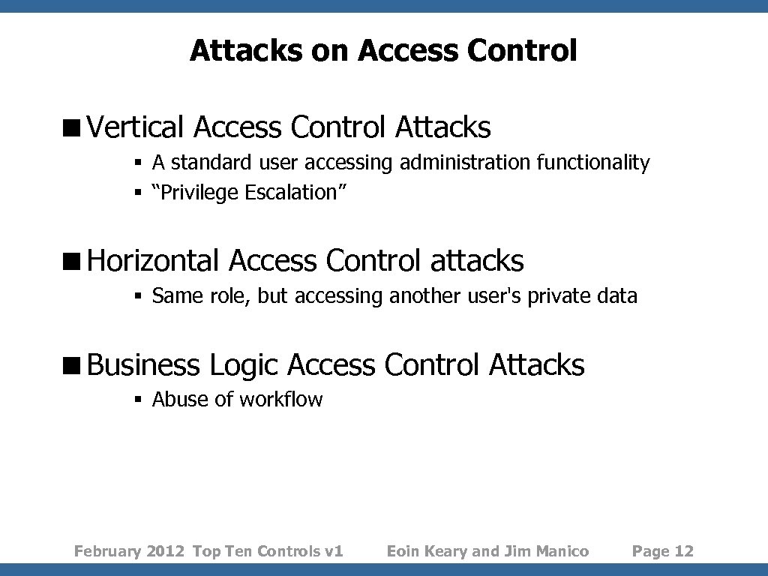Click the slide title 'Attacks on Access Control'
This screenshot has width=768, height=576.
click(383, 51)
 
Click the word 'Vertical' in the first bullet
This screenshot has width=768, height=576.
click(135, 127)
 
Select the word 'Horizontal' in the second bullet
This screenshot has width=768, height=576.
click(153, 261)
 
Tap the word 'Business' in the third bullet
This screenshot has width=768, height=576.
click(143, 365)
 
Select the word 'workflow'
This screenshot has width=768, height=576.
click(280, 399)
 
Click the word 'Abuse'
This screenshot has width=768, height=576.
click(181, 399)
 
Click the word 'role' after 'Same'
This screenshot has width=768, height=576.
click(232, 296)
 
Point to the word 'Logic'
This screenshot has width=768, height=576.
click(244, 365)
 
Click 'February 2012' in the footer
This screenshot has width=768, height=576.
click(129, 551)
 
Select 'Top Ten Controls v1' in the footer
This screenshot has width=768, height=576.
click(268, 551)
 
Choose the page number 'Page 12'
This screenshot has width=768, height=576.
click(663, 551)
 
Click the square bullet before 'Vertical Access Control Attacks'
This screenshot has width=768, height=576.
click(76, 128)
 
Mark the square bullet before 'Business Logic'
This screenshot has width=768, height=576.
click(76, 366)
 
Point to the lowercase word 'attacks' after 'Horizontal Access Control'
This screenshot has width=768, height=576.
click(477, 261)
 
